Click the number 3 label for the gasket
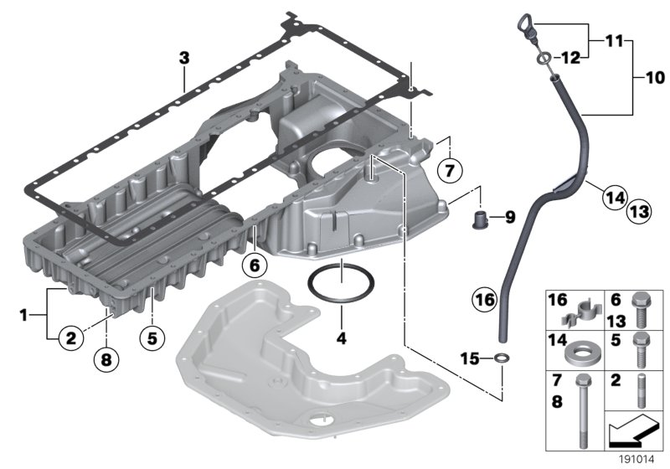pyautogui.click(x=184, y=58)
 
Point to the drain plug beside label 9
pyautogui.click(x=480, y=220)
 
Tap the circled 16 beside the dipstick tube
pyautogui.click(x=483, y=298)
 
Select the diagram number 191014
pyautogui.click(x=639, y=458)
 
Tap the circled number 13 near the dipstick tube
pyautogui.click(x=639, y=214)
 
